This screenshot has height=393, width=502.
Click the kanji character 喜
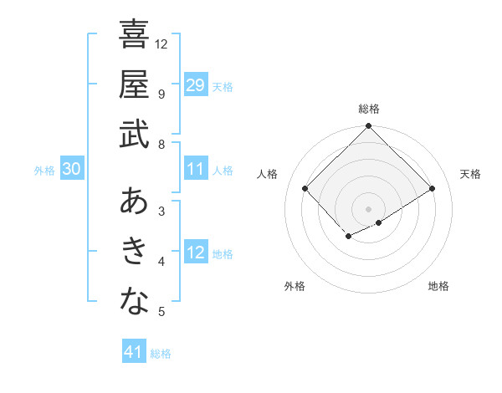pos(134,34)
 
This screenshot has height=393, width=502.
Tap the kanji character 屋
pos(134,84)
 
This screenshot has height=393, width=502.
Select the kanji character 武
pos(134,135)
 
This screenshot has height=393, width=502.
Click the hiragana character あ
pos(134,202)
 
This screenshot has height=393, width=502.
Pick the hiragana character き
pos(134,253)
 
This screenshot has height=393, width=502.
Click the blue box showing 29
pos(196,84)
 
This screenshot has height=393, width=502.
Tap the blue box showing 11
pos(196,170)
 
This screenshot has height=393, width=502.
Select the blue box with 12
pos(196,253)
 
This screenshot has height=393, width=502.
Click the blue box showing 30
pos(71,170)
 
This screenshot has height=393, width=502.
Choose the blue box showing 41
pos(134,352)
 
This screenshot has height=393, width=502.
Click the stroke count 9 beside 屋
pos(161,94)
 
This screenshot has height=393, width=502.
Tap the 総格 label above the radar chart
pos(369,109)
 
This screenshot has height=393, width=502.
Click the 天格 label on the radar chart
pos(470,174)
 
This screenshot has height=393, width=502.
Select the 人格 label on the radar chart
pos(268,174)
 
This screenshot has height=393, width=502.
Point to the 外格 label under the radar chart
pos(295,286)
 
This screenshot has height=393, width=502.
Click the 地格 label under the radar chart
pos(438,286)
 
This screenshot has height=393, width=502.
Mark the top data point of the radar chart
pos(369,127)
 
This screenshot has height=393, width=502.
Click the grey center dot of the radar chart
pos(369,208)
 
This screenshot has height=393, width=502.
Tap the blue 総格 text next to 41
pos(161,354)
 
